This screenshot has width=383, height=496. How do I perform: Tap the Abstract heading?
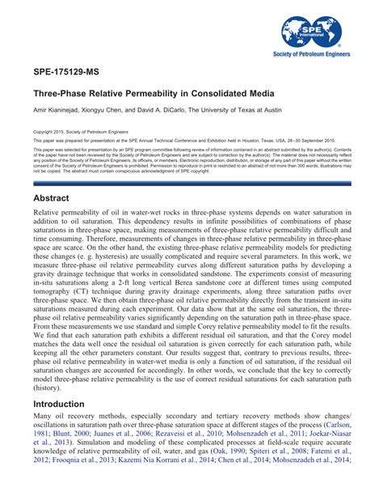tap(53, 198)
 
